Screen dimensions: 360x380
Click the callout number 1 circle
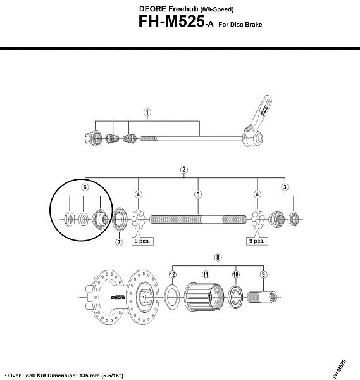[147, 113]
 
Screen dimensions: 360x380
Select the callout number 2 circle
[183, 170]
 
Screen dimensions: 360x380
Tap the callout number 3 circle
[285, 187]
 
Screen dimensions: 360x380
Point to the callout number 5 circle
[198, 194]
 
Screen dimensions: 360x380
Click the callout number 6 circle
[85, 187]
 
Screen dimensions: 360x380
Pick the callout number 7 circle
[119, 242]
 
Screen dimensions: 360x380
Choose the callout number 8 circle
[218, 257]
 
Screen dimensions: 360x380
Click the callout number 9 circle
[263, 274]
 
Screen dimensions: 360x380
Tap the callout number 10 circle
[235, 274]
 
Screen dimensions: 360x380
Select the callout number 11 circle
[206, 274]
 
